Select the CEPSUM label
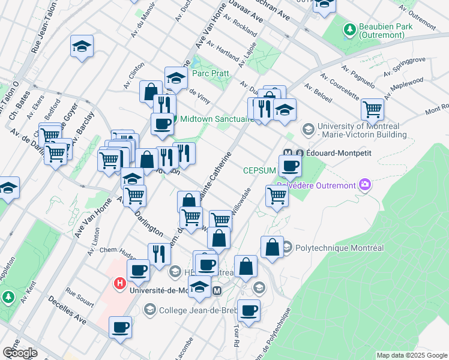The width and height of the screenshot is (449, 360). [259, 170]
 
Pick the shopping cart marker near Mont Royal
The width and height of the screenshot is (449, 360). [373, 109]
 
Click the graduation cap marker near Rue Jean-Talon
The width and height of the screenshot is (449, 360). [82, 46]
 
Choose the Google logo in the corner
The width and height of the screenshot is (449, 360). [20, 352]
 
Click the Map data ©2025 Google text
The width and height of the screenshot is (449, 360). [411, 355]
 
